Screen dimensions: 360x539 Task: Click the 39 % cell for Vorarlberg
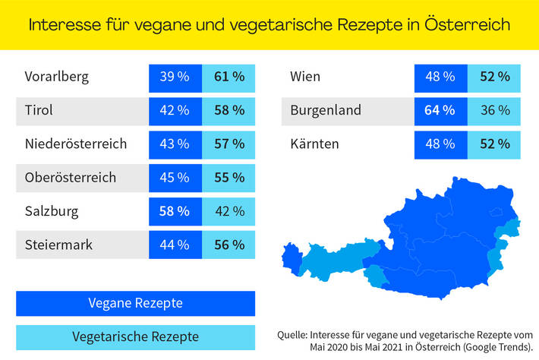(175, 77)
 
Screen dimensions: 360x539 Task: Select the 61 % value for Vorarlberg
(229, 77)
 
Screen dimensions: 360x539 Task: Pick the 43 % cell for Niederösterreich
(175, 144)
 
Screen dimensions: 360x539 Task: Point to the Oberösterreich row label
(70, 177)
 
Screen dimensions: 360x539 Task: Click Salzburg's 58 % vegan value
(175, 211)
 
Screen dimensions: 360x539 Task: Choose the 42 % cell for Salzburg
(229, 211)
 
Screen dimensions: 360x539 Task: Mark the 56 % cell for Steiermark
(229, 245)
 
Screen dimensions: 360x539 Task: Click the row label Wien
(305, 77)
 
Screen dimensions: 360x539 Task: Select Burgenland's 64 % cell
(440, 110)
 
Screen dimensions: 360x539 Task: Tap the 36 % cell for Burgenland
(495, 110)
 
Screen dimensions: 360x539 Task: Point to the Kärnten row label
(314, 144)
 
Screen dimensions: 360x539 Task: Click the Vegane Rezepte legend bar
(135, 303)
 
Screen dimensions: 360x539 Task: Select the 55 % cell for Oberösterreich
(229, 177)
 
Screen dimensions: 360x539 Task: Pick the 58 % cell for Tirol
(229, 110)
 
